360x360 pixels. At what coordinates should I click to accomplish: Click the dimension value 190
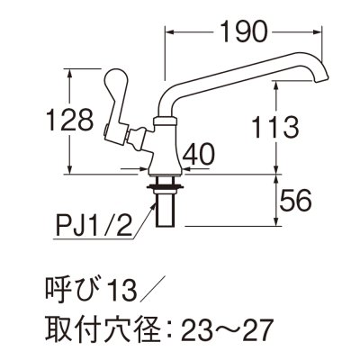click(x=242, y=32)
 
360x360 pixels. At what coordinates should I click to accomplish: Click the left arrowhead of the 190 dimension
click(x=169, y=32)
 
